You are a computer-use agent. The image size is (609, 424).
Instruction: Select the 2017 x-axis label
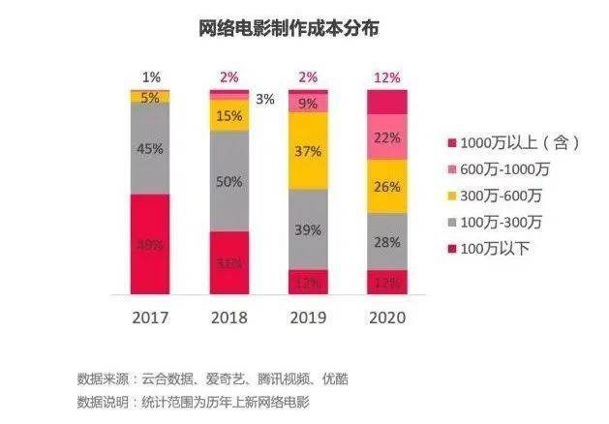[149, 317]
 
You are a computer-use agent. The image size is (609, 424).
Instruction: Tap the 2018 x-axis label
[228, 317]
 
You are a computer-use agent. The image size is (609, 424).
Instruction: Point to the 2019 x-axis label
[308, 317]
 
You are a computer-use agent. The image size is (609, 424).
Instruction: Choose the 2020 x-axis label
[386, 317]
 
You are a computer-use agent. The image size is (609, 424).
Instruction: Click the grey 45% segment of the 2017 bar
[150, 149]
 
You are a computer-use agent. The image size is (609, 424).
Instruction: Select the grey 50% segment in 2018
[229, 181]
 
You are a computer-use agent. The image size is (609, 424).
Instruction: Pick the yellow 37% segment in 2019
[308, 151]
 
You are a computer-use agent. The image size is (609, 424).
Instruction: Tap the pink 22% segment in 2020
[386, 137]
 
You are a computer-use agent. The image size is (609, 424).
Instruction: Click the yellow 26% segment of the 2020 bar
[386, 186]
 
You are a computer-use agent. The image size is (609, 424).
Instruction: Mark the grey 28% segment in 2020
[386, 241]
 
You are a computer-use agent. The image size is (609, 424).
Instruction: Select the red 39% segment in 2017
[150, 244]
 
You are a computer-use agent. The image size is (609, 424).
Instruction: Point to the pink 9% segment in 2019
[308, 102]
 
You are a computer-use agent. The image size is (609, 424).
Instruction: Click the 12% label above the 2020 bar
[386, 76]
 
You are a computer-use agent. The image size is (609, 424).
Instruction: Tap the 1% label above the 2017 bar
[151, 76]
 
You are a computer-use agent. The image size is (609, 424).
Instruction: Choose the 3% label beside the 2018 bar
[264, 99]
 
